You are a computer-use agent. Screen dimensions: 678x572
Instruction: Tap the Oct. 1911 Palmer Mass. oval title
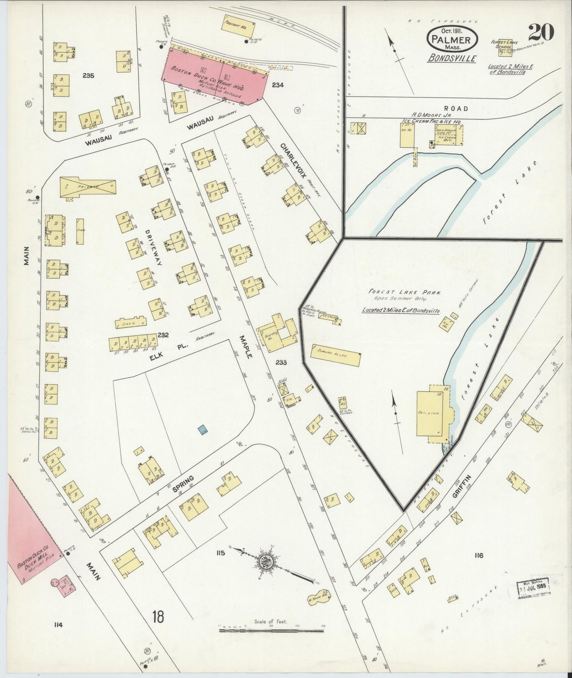(x=452, y=39)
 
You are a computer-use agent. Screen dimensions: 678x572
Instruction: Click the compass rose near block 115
(x=264, y=561)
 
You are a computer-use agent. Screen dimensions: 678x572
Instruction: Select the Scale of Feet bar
(x=271, y=629)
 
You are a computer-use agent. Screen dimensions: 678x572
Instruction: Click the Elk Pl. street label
(x=163, y=352)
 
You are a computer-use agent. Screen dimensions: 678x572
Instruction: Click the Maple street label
(x=245, y=347)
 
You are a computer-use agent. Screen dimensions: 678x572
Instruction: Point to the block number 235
(x=88, y=75)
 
